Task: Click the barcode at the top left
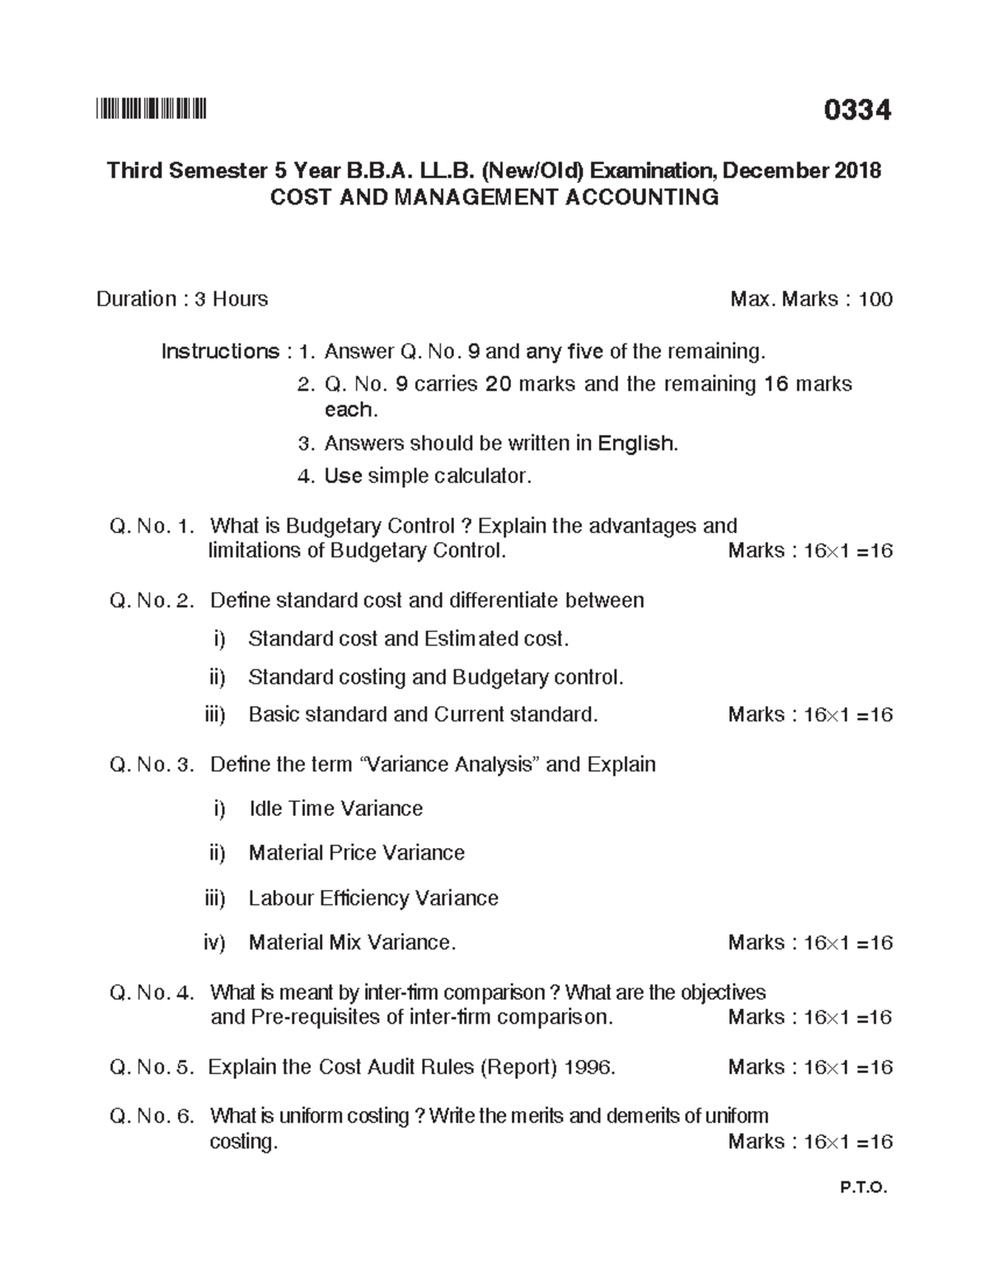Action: coord(151,109)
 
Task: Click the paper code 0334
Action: coord(857,110)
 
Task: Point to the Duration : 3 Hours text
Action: coord(182,298)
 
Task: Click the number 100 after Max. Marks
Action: coord(875,298)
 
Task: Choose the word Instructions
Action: coord(220,351)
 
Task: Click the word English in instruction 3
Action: coord(637,443)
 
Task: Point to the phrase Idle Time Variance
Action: coord(335,809)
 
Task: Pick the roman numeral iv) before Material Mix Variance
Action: coord(214,942)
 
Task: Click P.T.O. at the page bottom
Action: coord(864,1188)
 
